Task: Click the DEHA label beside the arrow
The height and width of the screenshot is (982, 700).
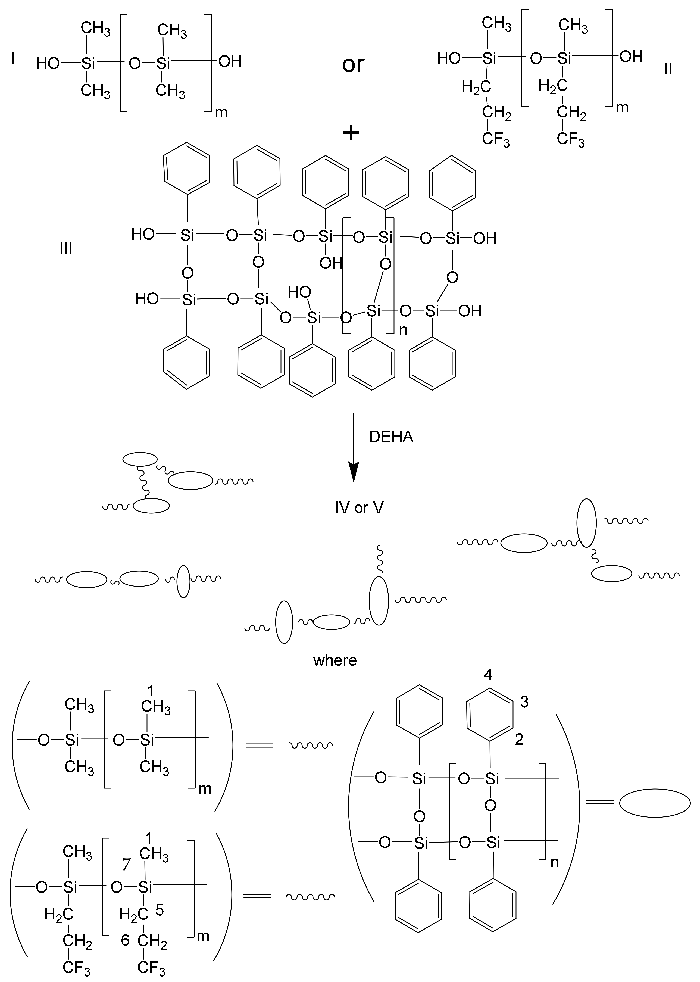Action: [x=391, y=437]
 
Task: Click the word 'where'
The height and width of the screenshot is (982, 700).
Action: [x=335, y=660]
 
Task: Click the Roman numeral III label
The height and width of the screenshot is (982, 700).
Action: [x=66, y=249]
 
